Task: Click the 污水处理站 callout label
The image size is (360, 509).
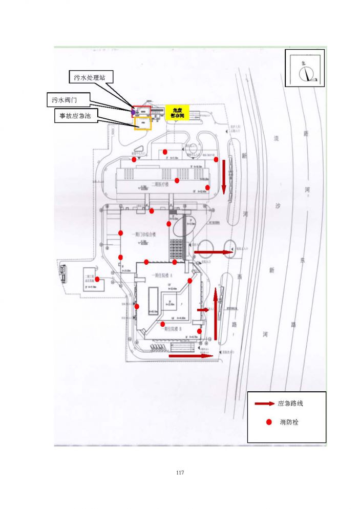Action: pos(90,78)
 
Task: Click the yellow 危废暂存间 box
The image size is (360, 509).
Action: pos(177,113)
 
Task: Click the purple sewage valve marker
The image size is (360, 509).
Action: pos(133,111)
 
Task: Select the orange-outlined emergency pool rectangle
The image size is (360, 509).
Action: pos(143,123)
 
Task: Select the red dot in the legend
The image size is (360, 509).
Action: pos(268,422)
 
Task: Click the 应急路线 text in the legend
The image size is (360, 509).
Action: pos(290,404)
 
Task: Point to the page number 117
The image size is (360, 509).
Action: pos(179,472)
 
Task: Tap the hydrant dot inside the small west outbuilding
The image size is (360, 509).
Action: pos(97,279)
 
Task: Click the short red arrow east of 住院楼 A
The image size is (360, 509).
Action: pos(203,310)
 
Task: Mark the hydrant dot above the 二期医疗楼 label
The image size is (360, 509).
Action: pos(177,180)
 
